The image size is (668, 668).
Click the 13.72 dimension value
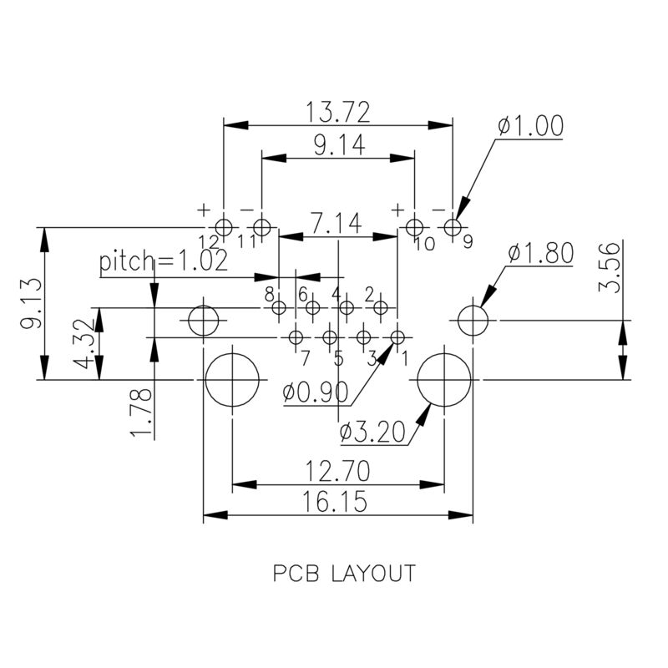coord(338,110)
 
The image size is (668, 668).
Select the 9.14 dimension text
coord(339,145)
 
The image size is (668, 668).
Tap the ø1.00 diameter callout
coord(529,126)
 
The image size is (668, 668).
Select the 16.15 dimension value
coord(338,501)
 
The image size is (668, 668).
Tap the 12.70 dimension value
coord(338,472)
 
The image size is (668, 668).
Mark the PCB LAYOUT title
coord(344,574)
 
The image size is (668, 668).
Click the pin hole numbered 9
coord(453,226)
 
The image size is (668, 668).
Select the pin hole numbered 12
coord(224,226)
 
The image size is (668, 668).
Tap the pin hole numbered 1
coord(397,337)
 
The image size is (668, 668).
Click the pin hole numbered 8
coord(278,308)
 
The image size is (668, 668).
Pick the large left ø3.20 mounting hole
coord(231,379)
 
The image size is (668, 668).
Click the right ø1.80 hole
coord(472,320)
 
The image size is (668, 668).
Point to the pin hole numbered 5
coord(329,337)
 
